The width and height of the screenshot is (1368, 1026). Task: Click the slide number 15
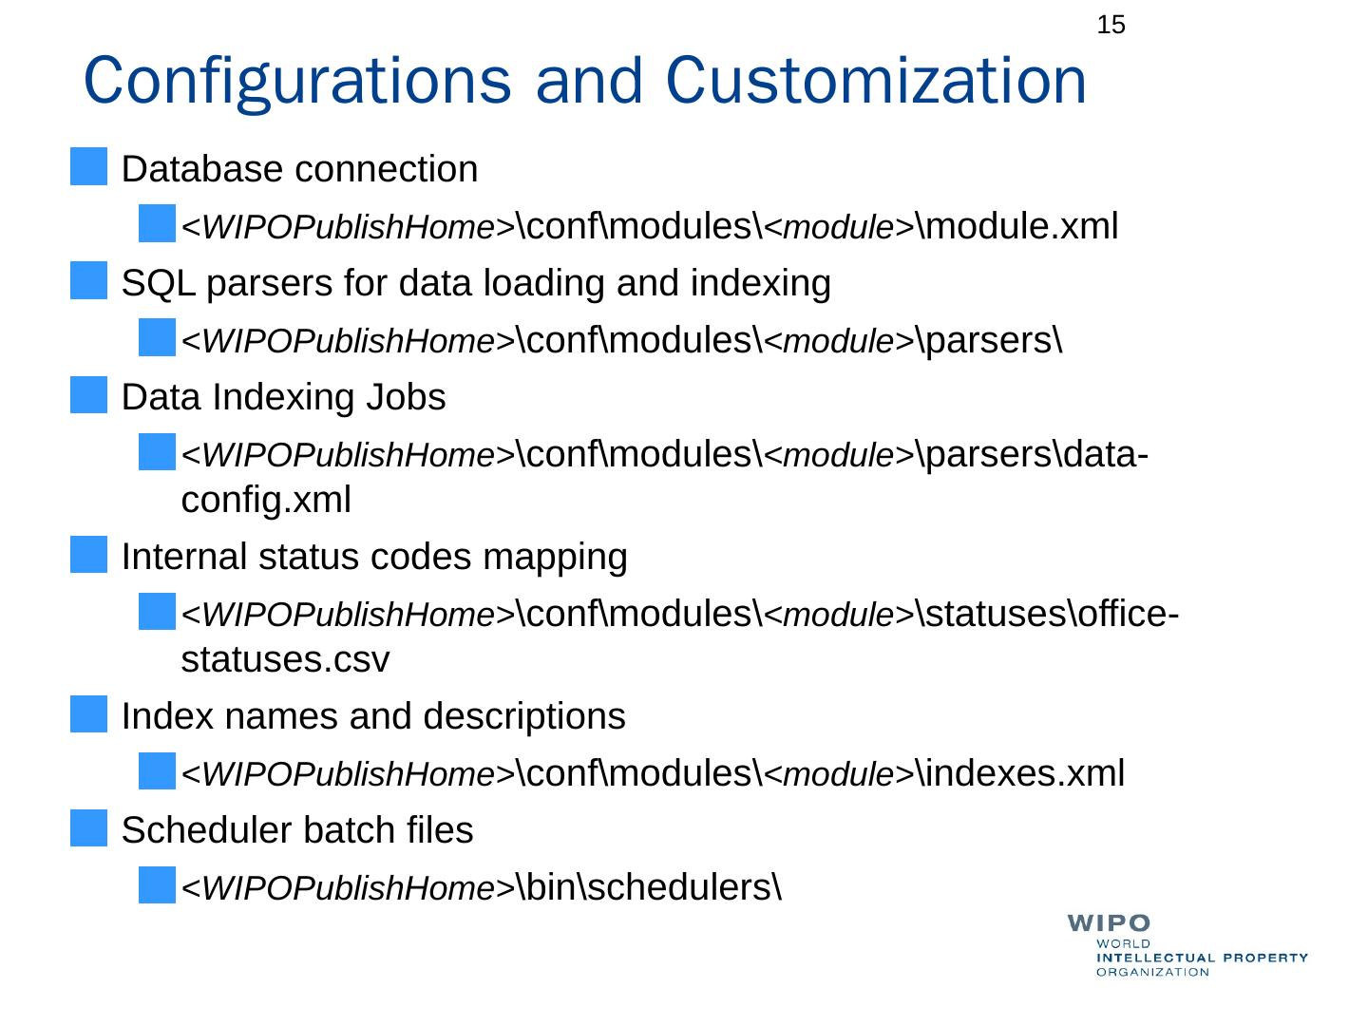tap(1111, 26)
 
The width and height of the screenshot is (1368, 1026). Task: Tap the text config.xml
tap(266, 499)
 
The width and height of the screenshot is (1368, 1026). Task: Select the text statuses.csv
tap(285, 659)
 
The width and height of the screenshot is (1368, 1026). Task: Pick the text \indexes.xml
tap(1020, 773)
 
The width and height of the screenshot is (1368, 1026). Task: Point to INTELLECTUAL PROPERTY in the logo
tap(1202, 958)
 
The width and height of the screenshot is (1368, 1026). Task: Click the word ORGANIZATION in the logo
tap(1152, 972)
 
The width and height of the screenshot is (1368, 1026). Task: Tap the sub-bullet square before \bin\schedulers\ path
tap(157, 885)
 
